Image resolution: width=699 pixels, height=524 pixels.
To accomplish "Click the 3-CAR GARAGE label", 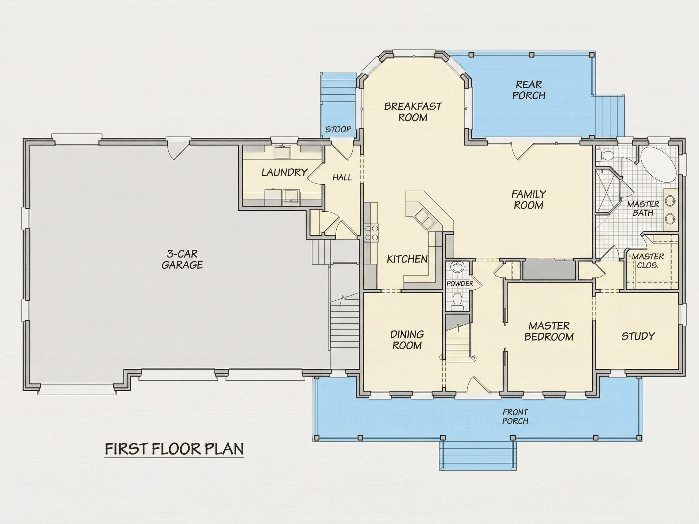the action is [182, 259].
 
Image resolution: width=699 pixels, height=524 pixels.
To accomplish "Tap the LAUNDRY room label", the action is [285, 172].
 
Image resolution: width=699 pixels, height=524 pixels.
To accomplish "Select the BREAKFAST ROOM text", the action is [413, 112].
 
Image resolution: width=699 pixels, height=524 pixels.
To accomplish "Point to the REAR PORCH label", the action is [529, 90].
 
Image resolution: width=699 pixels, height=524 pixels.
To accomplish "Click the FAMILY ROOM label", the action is [529, 200].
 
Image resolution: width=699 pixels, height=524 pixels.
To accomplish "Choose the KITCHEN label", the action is [407, 259].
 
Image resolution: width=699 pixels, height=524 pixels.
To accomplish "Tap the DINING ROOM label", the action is [407, 340].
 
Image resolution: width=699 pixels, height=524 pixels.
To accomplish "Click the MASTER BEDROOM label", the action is [549, 331].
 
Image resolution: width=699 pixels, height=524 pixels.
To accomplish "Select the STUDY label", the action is [638, 336].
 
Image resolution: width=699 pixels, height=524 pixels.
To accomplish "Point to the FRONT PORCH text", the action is [515, 417].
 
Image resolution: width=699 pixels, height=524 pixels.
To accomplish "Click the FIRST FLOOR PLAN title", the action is [174, 449].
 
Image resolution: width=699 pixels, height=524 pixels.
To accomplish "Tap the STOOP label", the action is [338, 129].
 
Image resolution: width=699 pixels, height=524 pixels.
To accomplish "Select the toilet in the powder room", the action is [457, 301].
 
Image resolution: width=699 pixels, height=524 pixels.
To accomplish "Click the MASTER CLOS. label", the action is [648, 261].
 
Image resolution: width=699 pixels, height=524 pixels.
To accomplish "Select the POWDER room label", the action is [460, 284].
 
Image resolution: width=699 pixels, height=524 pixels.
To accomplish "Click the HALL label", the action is [342, 177].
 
